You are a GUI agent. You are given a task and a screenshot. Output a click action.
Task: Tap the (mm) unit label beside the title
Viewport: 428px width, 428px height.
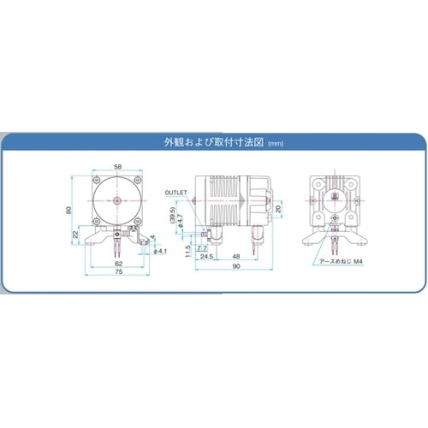pos(275,145)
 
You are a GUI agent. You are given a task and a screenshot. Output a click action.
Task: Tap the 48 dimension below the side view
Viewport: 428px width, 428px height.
pos(235,256)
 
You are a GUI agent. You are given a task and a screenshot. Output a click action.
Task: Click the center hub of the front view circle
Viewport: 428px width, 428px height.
pos(116,199)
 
